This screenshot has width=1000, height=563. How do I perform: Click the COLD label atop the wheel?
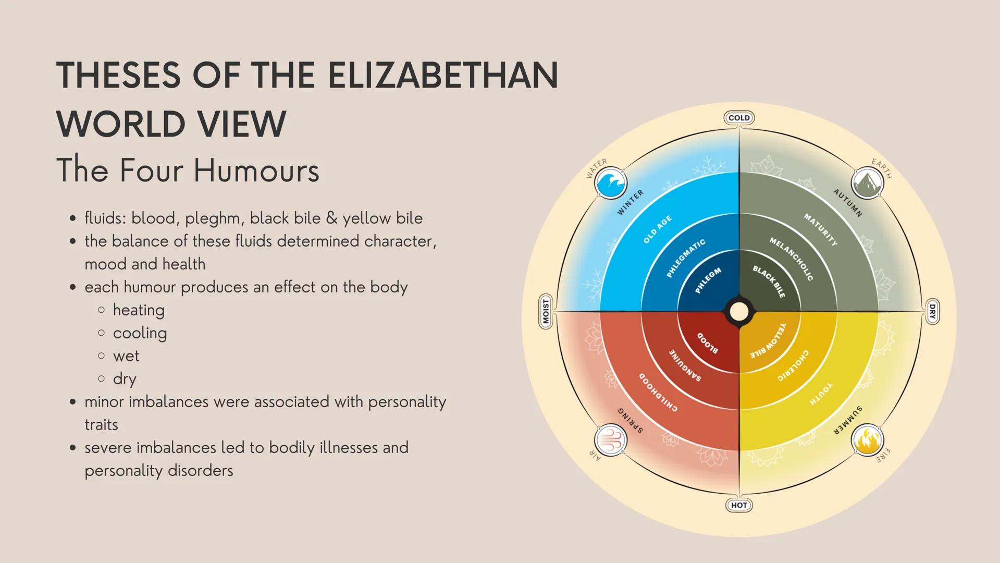pyautogui.click(x=739, y=118)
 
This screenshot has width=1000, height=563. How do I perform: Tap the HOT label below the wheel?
pyautogui.click(x=739, y=505)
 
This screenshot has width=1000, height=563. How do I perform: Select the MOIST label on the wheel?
pyautogui.click(x=546, y=312)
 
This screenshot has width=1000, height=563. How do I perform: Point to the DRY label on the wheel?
pyautogui.click(x=932, y=312)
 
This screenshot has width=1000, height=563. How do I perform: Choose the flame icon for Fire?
pyautogui.click(x=868, y=440)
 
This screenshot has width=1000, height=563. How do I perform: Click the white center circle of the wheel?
pyautogui.click(x=739, y=312)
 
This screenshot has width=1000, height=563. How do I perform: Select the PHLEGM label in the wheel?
pyautogui.click(x=708, y=280)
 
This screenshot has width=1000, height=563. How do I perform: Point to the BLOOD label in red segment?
pyautogui.click(x=708, y=343)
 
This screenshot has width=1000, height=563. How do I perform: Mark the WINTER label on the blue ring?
pyautogui.click(x=631, y=202)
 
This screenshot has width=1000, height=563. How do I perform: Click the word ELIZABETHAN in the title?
pyautogui.click(x=443, y=75)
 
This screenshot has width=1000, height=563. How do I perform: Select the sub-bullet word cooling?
pyautogui.click(x=140, y=333)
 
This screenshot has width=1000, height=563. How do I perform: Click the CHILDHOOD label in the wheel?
pyautogui.click(x=659, y=392)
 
